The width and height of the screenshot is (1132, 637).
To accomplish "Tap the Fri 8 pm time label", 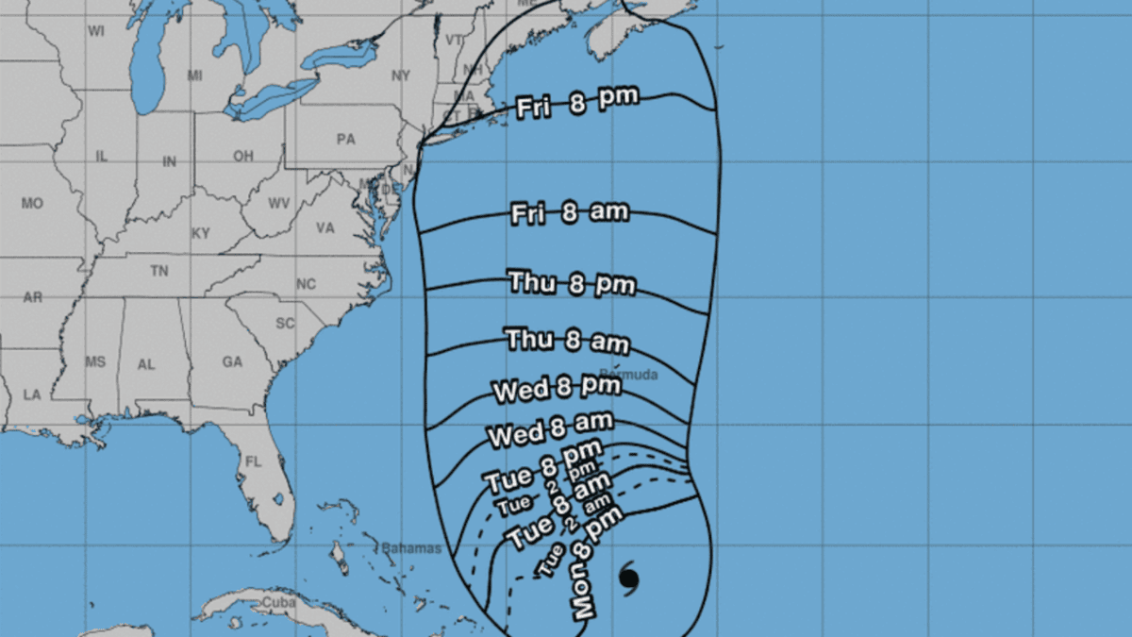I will tap(577, 103).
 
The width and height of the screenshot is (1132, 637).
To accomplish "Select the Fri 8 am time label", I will tap(569, 213).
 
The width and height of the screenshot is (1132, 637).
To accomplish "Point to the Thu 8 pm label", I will tap(572, 282).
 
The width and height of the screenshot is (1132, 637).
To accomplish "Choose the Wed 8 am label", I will tap(551, 428).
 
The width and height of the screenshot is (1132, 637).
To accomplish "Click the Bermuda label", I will tap(627, 375).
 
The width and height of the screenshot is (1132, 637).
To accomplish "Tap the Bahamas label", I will tap(411, 548).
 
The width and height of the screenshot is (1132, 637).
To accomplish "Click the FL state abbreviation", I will tap(253, 462).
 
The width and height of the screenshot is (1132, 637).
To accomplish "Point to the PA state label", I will tap(345, 139).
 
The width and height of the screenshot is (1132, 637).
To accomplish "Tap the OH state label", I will tap(243, 156).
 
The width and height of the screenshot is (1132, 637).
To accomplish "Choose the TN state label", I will tap(158, 272).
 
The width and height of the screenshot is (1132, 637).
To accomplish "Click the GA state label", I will tap(232, 362).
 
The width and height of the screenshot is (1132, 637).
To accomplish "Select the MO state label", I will tap(32, 203).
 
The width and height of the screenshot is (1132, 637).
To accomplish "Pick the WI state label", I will tap(96, 31).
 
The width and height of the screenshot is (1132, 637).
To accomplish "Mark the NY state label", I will tap(402, 75).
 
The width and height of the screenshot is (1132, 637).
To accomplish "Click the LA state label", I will tap(32, 394).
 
